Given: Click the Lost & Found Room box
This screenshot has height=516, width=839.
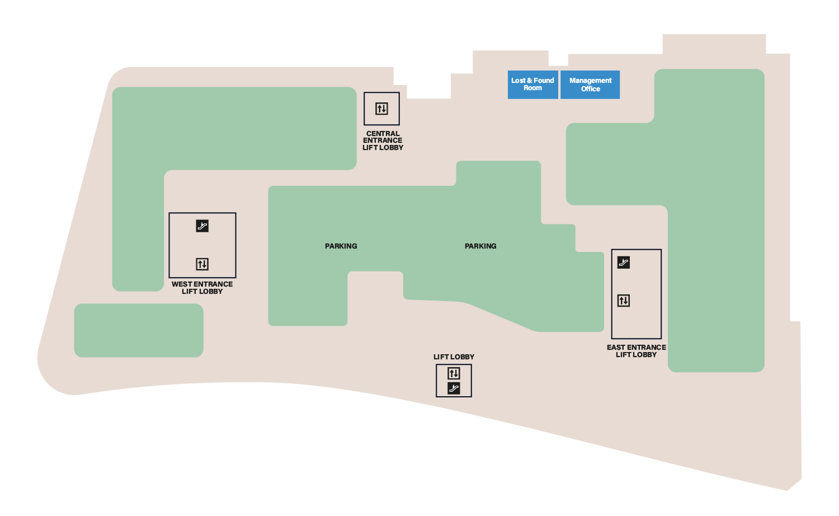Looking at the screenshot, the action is coord(532,85).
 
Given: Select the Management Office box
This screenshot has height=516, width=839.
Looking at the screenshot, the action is coord(590,85).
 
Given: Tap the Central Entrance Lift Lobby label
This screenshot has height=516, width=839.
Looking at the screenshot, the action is coord(383,140).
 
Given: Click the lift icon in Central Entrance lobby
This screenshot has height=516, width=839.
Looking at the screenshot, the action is coord(381,109).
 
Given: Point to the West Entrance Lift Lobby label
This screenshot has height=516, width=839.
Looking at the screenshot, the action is coord(202,288).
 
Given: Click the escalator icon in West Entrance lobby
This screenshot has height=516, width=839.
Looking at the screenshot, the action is coord(202,226).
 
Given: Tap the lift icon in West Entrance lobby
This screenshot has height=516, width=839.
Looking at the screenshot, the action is coord(202,264).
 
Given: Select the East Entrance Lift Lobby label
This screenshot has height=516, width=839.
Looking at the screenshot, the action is coord(636,351).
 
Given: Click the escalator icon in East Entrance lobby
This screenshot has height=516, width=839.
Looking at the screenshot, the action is coord(623,262).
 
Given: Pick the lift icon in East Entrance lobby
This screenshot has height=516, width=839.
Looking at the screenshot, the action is coord(623,301).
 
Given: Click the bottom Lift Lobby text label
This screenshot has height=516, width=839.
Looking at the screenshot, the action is coord(454,357).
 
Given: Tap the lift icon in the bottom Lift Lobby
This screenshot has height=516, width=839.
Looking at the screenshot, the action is coord(454,373).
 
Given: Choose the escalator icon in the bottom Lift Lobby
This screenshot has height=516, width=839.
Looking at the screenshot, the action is coord(454,388).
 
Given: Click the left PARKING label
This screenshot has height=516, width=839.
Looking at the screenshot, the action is coord(341,246).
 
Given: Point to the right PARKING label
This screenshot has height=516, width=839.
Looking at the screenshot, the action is coord(480,246).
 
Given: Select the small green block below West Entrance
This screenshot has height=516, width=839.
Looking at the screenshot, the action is coord(139,330).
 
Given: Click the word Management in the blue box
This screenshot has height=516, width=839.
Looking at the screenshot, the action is coord(590,81).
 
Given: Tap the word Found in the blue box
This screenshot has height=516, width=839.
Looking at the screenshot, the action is coord(544,81).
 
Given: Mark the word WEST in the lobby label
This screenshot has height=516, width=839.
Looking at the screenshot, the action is coord(182,284).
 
